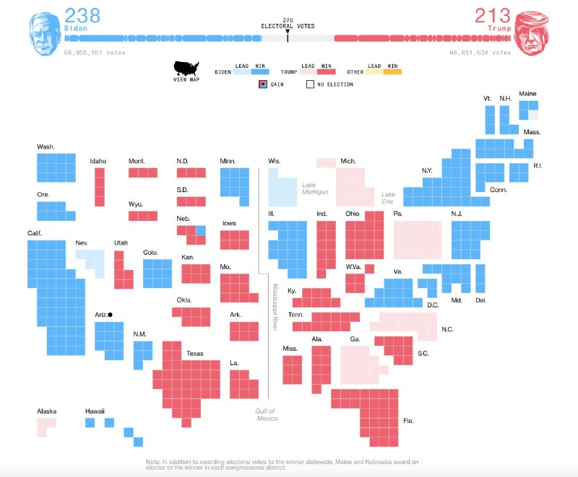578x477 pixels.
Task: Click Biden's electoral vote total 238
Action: point(82,14)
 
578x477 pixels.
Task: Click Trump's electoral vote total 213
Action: point(492,14)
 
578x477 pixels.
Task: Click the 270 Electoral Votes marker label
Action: point(288,23)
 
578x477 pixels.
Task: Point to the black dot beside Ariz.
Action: point(110,315)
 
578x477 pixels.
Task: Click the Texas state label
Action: point(195,354)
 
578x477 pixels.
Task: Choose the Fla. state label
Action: point(409,420)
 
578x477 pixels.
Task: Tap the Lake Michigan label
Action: point(315,188)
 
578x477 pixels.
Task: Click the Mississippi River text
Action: point(275,307)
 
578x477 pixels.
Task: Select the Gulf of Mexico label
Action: point(265,414)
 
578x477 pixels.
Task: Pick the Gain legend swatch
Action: point(263,84)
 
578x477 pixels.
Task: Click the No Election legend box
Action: point(310,84)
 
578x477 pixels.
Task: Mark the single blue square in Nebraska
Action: point(201,230)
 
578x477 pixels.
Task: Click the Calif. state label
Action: point(35,232)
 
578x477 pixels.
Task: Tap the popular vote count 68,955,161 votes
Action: point(94,52)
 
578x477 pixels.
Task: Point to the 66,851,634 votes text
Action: point(480,52)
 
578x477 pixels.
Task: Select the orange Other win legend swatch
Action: point(392,71)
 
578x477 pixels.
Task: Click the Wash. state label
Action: point(46,146)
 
